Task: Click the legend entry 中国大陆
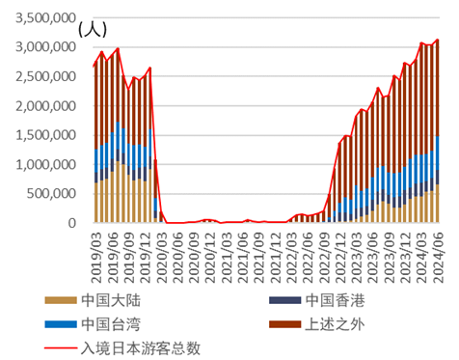tap(108, 299)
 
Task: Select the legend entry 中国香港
tap(335, 299)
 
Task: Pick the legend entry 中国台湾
tap(108, 322)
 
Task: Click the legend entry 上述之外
tap(335, 322)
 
